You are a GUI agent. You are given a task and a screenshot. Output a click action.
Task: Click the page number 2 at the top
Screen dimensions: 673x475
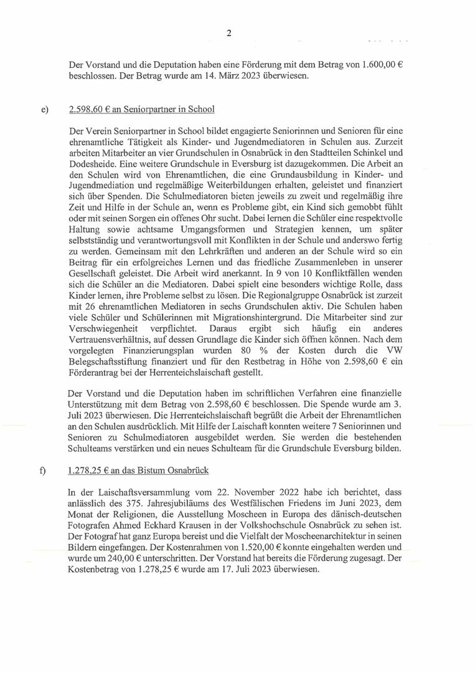[x=229, y=34]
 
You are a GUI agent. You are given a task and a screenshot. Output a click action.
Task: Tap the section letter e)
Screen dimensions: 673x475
[x=44, y=110]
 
